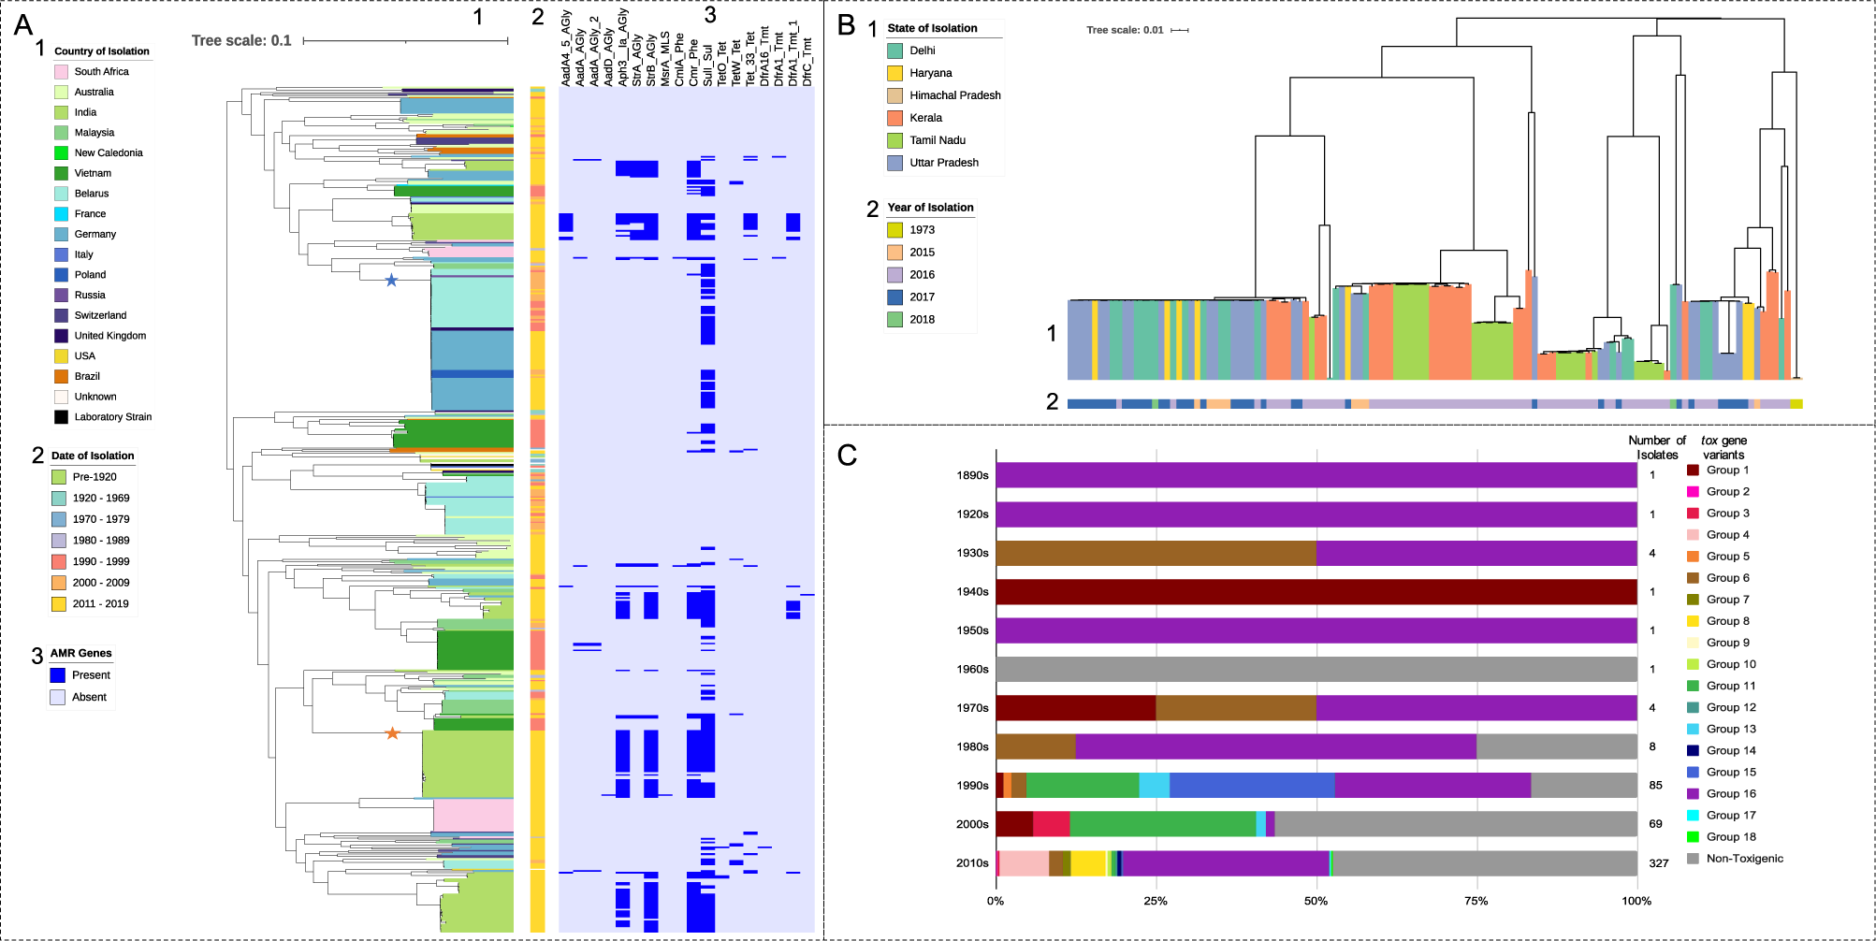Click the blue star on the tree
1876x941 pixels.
[391, 280]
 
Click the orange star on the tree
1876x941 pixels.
[392, 733]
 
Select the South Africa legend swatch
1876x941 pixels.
[61, 71]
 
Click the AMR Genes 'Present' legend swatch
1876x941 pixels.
[57, 675]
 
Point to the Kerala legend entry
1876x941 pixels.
[925, 118]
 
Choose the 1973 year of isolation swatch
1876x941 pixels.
[894, 230]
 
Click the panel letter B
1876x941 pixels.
[847, 25]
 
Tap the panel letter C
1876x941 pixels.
[847, 455]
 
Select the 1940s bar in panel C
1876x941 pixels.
[1316, 592]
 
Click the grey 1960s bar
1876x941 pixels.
[1316, 670]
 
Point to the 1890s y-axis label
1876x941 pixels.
[972, 475]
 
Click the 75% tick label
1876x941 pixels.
[1476, 901]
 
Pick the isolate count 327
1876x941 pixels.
[1658, 863]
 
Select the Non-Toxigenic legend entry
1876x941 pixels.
[1744, 859]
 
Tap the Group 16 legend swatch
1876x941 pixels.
[1693, 794]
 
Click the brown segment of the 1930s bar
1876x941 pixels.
[1156, 553]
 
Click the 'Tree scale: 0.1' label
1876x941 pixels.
[241, 40]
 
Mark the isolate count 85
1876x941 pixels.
[1655, 786]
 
